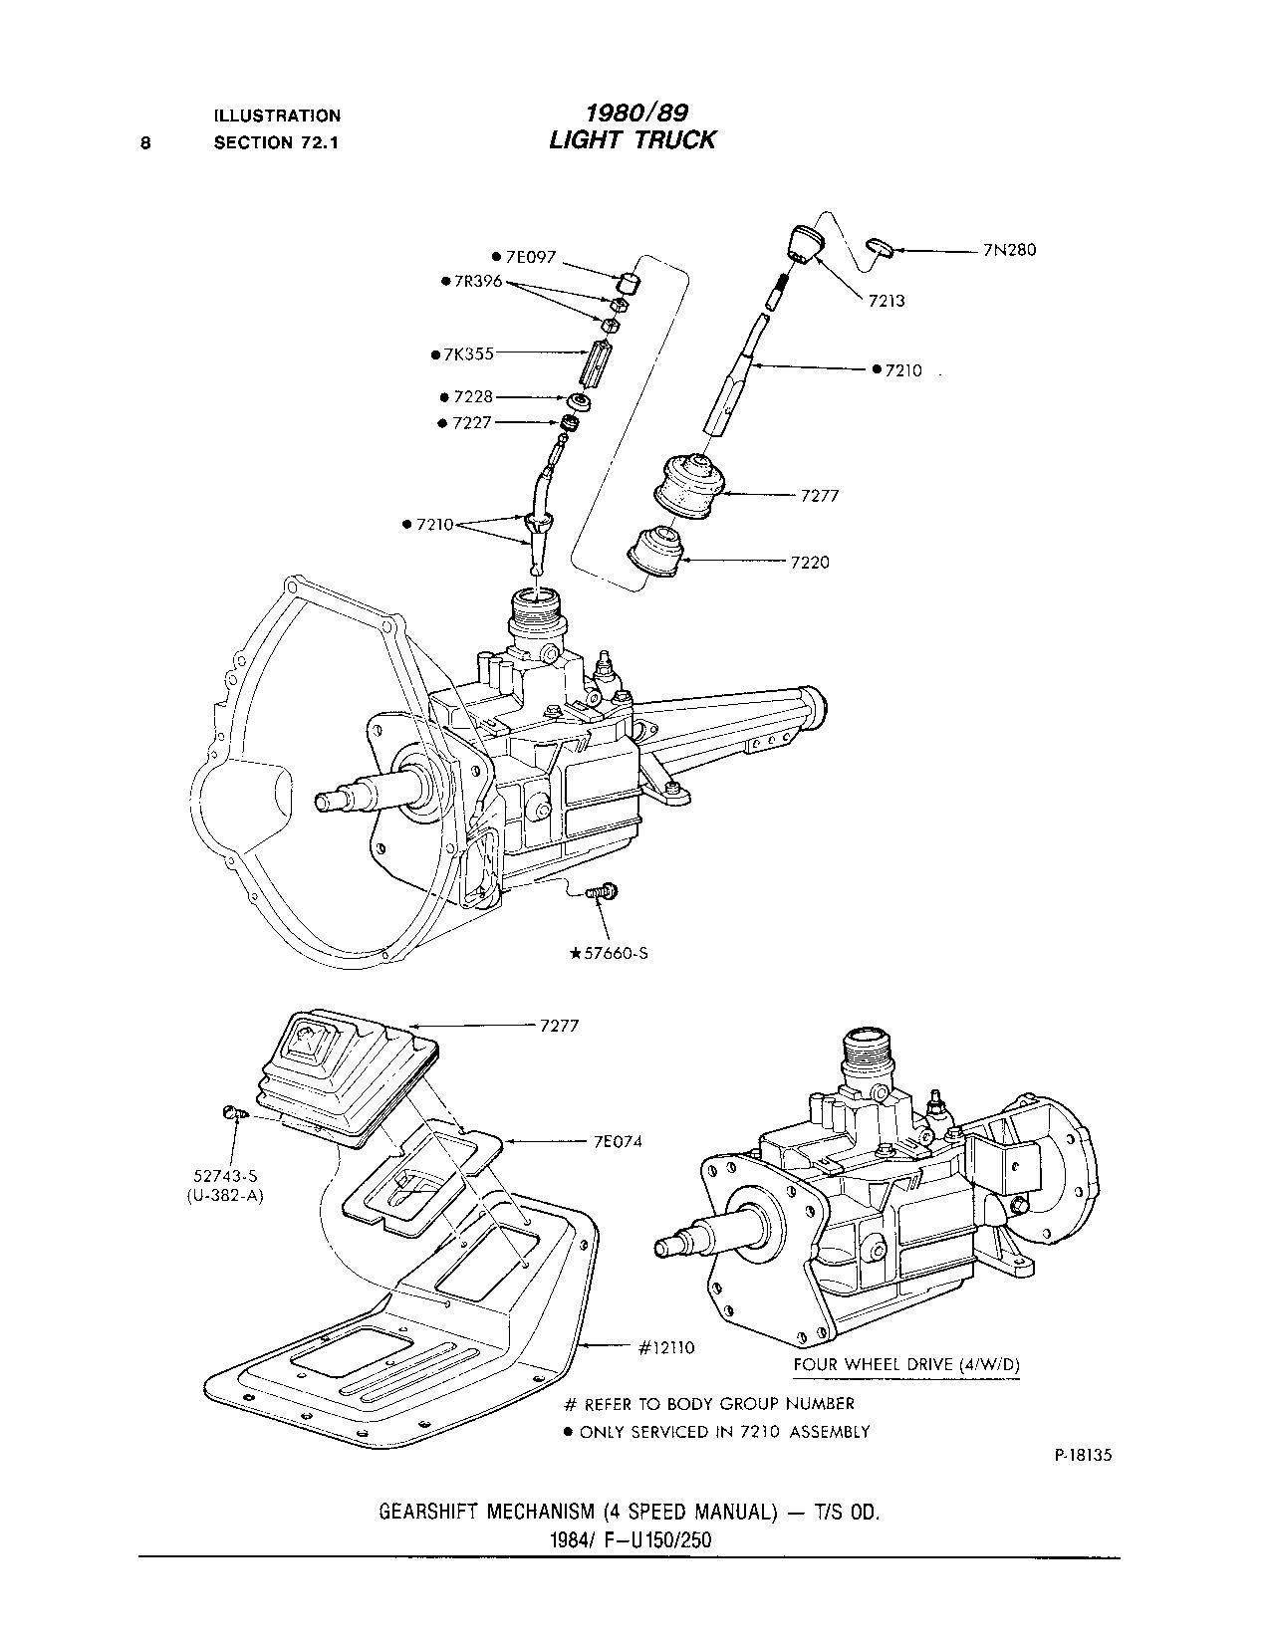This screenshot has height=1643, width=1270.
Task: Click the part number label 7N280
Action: click(1008, 250)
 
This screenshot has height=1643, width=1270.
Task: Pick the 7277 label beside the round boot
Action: click(820, 494)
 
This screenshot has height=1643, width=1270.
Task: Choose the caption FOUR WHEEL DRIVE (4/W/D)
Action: click(906, 1364)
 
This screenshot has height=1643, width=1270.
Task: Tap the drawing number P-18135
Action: click(1081, 1455)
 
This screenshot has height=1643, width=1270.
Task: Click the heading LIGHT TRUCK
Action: click(632, 140)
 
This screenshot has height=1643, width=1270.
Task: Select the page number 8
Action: click(146, 142)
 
